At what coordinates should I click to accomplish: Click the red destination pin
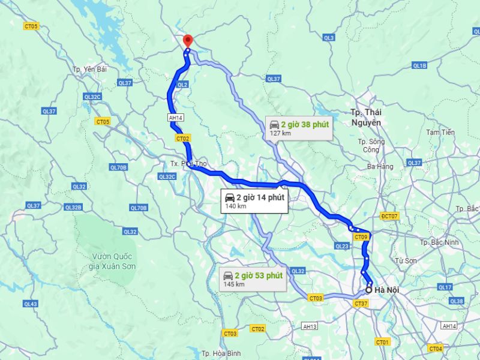coord(187,41)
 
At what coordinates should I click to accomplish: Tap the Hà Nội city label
coord(386,290)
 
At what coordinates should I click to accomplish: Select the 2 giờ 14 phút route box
coord(254,200)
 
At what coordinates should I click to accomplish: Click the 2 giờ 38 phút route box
coord(299,128)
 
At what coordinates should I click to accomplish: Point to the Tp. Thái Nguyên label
coord(366,117)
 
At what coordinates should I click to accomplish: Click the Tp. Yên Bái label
coord(89,70)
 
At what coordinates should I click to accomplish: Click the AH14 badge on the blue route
coord(175,119)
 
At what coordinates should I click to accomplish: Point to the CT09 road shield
coord(361,238)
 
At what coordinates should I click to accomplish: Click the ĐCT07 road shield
coord(389,216)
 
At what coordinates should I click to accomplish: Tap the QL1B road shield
coord(419,65)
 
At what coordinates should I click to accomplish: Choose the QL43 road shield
coord(31,304)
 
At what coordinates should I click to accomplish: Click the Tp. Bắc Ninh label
coord(440,242)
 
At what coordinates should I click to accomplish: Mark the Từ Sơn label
coord(406,260)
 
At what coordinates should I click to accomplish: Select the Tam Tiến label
coord(440,132)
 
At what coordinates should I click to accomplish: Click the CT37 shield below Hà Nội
coord(361,304)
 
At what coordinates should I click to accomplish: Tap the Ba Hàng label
coord(380,166)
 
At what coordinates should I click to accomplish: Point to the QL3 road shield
coord(328,38)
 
